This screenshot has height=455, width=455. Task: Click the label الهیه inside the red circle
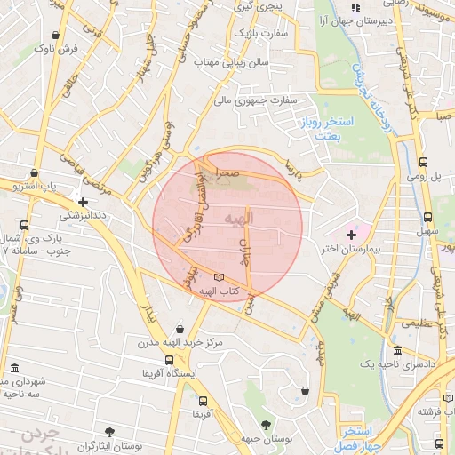click(x=238, y=218)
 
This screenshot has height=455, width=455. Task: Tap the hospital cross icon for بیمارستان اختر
click(x=352, y=235)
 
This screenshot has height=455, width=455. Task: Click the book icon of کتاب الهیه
click(x=220, y=278)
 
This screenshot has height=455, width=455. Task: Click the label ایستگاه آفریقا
click(x=170, y=373)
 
